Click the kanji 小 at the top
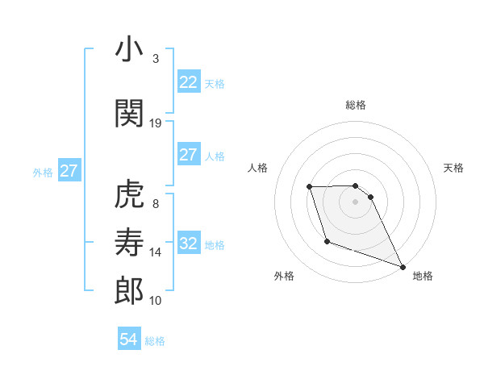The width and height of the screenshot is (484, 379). click(130, 50)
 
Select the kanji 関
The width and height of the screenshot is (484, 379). click(130, 114)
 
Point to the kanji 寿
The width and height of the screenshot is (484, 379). click(130, 243)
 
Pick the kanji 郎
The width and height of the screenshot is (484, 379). click(130, 291)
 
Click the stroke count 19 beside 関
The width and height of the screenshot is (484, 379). click(156, 123)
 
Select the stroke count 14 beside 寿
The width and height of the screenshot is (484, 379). click(156, 252)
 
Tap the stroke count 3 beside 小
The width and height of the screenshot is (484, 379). click(155, 58)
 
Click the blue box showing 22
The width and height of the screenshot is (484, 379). click(188, 82)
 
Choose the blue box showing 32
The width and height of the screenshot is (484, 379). click(188, 244)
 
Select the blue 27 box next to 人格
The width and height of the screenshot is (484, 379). click(188, 155)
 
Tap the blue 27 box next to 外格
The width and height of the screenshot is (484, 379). click(69, 171)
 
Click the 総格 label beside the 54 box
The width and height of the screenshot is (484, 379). click(155, 341)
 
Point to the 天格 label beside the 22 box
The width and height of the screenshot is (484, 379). click(215, 83)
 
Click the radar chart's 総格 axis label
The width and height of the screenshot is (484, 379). click(356, 105)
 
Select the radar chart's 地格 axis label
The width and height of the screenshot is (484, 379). click(423, 276)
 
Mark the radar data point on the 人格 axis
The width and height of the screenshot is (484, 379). click(310, 187)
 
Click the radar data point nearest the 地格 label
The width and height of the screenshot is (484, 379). click(403, 266)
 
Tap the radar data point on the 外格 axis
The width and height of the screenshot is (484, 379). click(327, 241)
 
